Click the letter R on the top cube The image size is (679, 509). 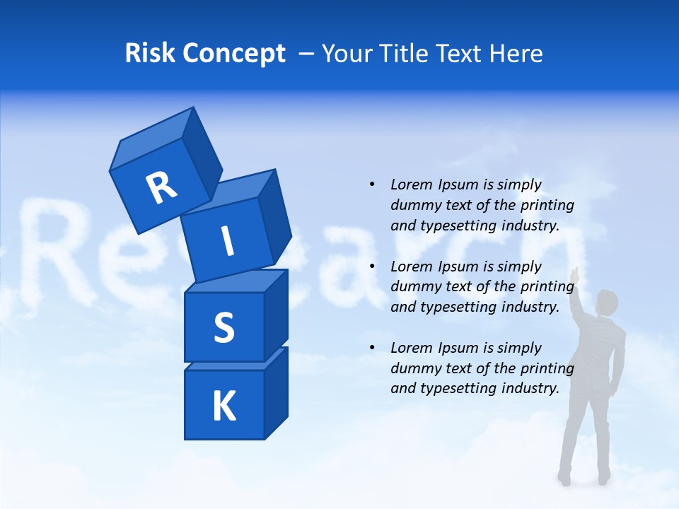(161, 187)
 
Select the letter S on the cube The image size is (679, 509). (224, 327)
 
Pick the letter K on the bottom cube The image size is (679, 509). (224, 406)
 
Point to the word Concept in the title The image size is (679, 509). (233, 54)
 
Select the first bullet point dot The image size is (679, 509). (372, 185)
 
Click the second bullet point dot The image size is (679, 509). (372, 267)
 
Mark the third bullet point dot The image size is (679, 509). (372, 348)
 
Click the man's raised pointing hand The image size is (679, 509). (576, 274)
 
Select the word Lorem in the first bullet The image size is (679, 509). (411, 185)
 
